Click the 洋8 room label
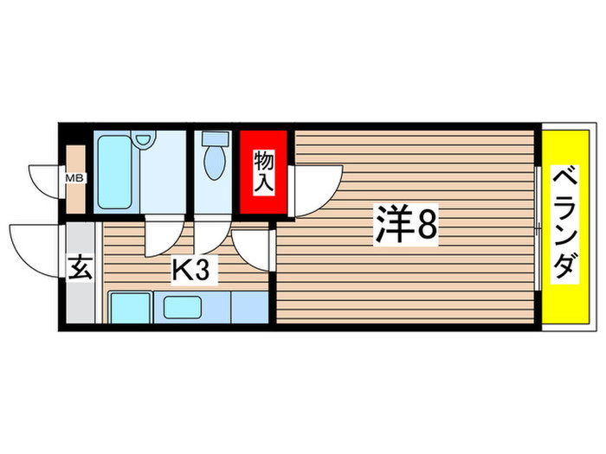point(405,226)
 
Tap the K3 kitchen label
point(190,271)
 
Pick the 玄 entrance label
point(80,269)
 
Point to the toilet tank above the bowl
point(213,138)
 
